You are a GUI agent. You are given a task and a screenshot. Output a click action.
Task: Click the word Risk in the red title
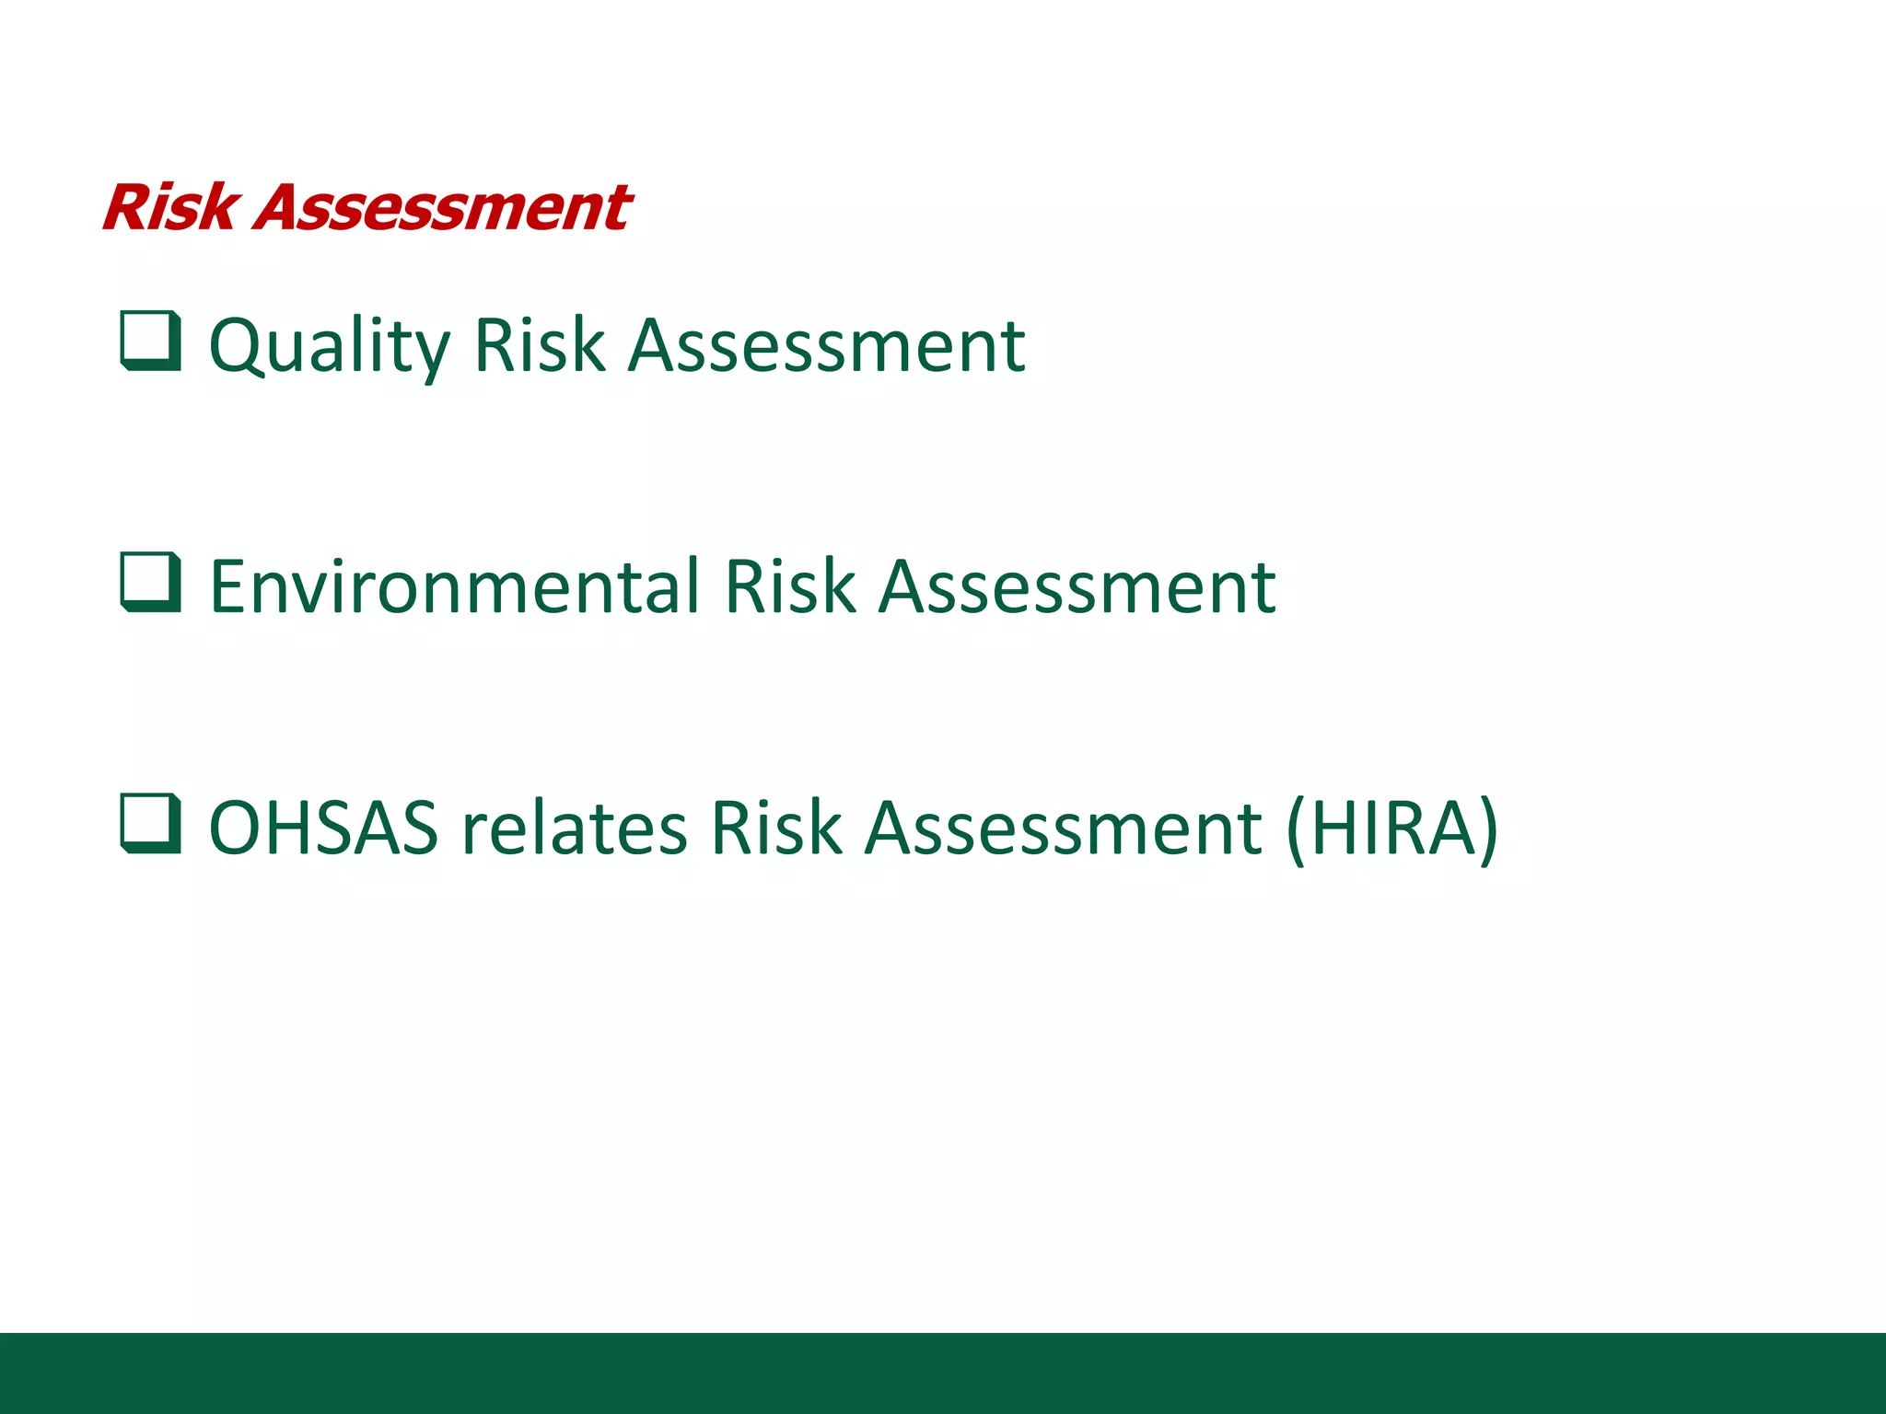171,207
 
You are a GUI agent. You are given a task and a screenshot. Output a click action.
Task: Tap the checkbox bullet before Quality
150,342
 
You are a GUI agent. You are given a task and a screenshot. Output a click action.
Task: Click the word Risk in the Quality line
539,345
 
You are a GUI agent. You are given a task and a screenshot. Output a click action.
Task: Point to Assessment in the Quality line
826,345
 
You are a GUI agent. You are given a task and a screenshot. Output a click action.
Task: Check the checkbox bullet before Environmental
150,583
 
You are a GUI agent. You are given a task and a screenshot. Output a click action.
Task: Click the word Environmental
455,586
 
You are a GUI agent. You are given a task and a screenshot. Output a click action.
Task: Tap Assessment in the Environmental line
1077,586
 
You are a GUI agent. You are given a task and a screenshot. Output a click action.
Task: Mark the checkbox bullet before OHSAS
150,824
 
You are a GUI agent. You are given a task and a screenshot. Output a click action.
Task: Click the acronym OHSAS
323,828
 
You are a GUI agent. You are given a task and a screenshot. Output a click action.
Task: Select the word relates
574,828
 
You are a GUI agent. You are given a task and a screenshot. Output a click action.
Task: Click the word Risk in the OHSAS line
775,828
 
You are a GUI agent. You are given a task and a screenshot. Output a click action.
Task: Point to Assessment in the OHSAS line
1063,828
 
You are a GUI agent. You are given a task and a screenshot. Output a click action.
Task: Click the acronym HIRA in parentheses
1392,828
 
